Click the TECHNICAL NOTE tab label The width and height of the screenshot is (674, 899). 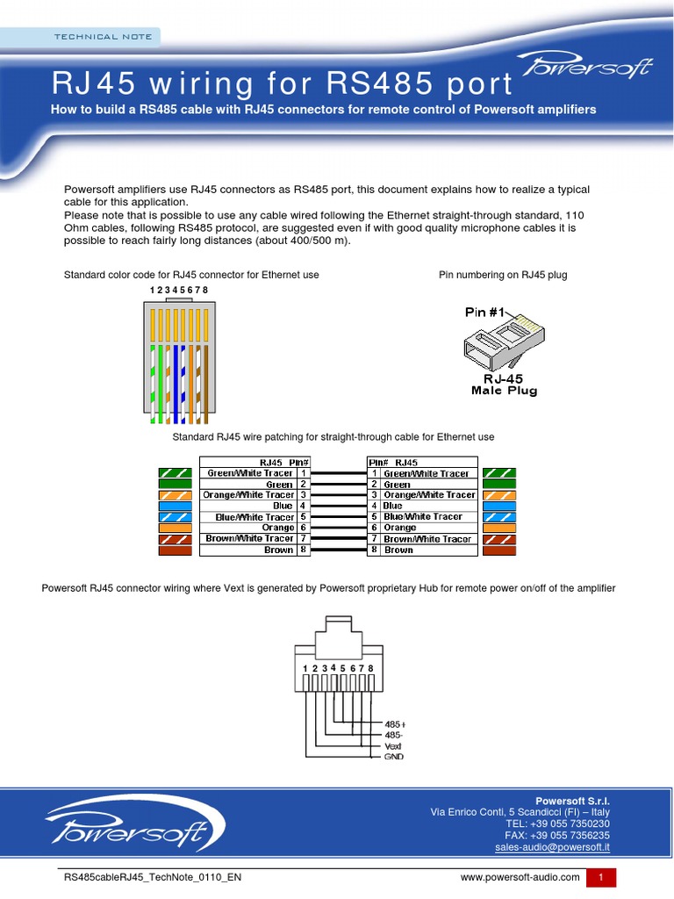click(103, 37)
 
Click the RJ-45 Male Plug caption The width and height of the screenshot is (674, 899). click(504, 385)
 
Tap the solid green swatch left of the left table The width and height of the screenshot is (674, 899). click(176, 484)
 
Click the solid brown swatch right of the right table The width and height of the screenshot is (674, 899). click(499, 550)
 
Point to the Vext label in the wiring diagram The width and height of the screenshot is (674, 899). click(393, 746)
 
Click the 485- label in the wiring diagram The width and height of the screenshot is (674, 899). click(394, 735)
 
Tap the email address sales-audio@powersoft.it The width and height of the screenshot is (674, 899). click(552, 847)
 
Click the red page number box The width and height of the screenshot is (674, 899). click(602, 877)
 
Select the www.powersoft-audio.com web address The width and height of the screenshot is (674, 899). click(520, 877)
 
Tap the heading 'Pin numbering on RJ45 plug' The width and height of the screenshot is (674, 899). click(503, 275)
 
